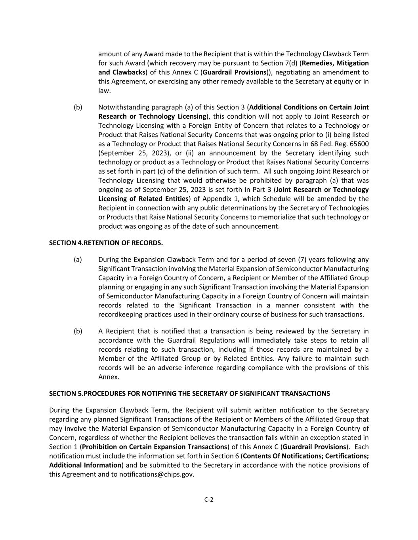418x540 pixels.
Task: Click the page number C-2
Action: [209, 499]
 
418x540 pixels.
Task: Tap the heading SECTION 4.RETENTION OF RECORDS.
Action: [106, 243]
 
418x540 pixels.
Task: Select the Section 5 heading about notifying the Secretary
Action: [189, 394]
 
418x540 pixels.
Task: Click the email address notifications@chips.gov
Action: [157, 474]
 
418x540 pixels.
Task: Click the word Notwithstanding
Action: [121, 107]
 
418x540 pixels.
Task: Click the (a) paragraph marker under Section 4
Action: [78, 260]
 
